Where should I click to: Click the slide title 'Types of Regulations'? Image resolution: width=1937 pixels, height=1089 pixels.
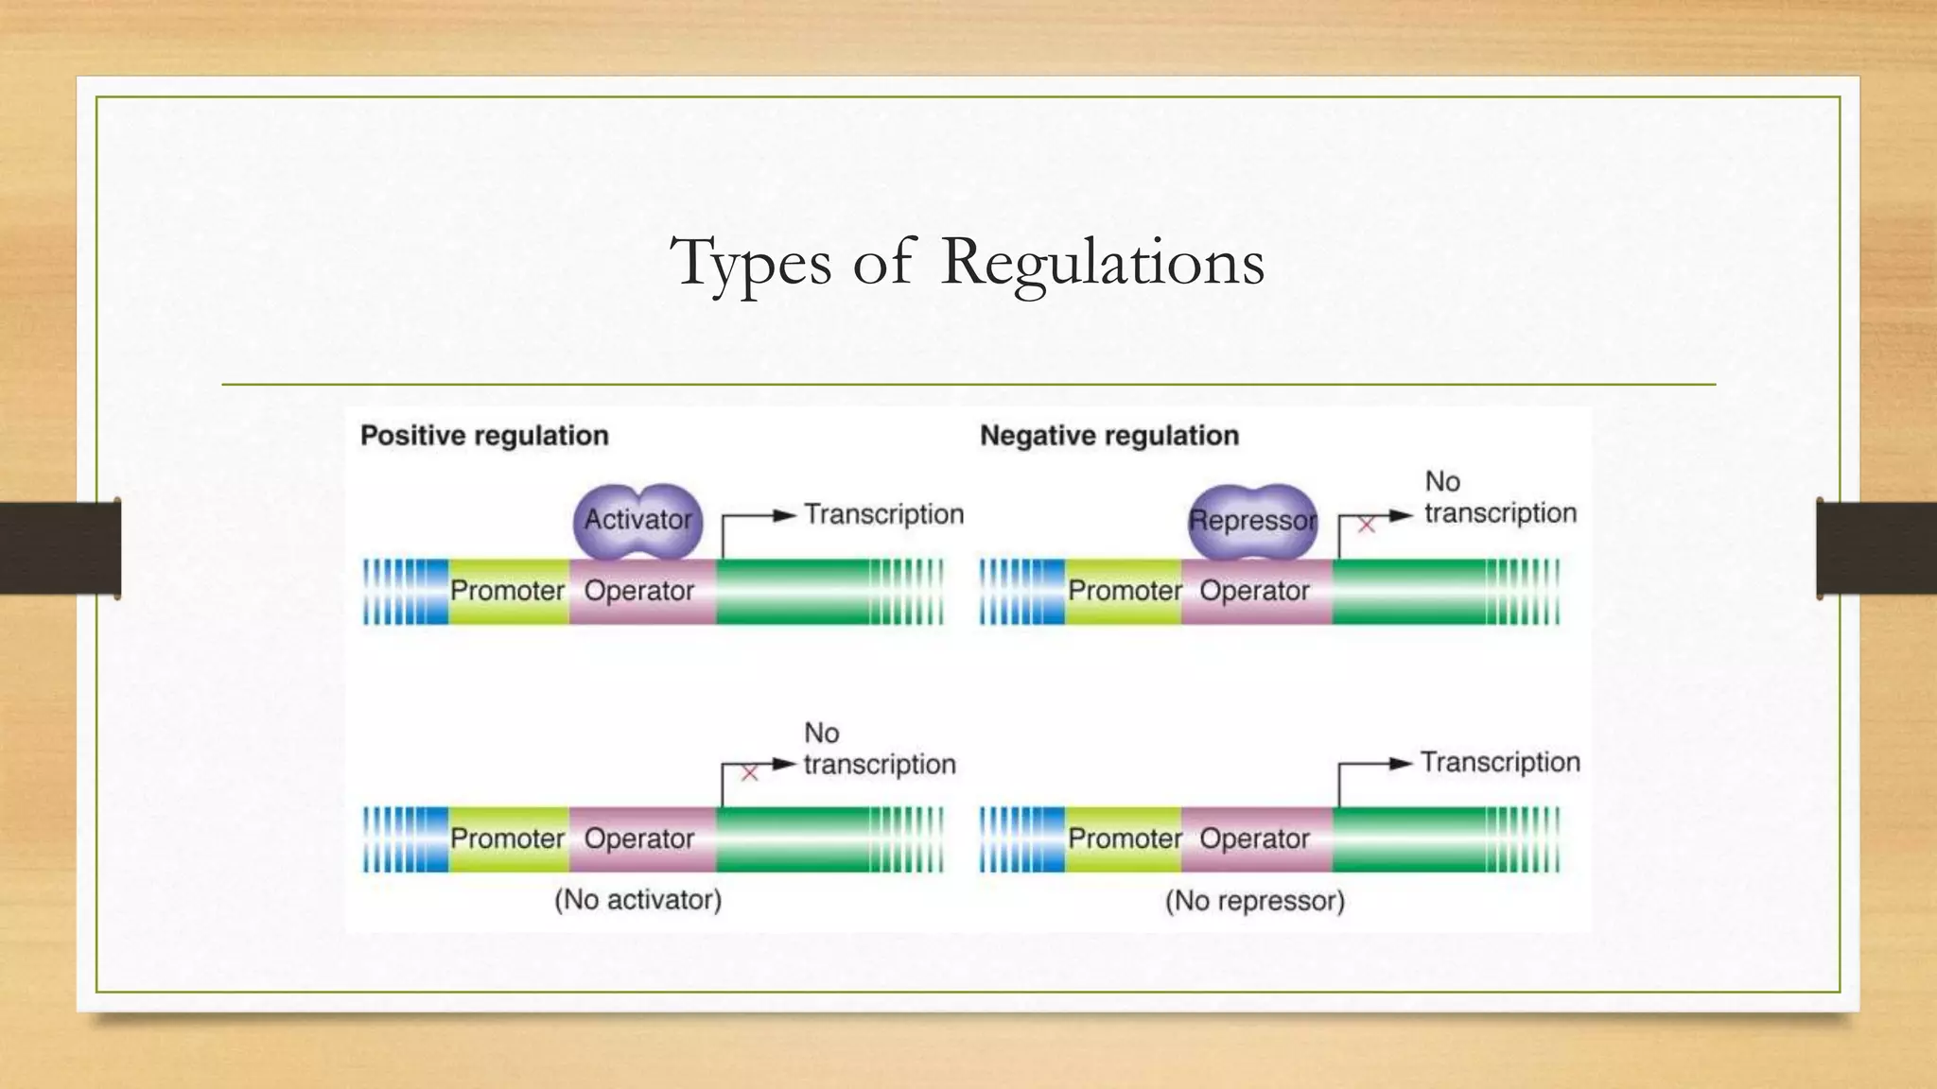967,262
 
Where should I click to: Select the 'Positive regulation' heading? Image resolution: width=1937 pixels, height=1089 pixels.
484,436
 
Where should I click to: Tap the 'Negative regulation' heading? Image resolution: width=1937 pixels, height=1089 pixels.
1108,436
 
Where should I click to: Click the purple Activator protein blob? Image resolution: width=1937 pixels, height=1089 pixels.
638,519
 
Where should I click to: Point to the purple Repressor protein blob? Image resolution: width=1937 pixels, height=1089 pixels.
1252,520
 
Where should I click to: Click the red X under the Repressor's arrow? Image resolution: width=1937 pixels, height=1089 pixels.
1366,525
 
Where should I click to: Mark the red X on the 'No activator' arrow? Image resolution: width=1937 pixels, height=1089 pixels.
750,773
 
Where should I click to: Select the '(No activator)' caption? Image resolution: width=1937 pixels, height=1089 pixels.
637,899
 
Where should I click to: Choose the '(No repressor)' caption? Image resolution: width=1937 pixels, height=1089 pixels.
1254,901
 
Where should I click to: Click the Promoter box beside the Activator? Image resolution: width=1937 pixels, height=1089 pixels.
508,591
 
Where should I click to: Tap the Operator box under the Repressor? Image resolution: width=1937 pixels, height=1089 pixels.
1255,591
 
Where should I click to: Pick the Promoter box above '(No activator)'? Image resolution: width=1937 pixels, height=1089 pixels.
508,838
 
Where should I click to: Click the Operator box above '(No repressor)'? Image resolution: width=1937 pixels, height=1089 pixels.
1255,838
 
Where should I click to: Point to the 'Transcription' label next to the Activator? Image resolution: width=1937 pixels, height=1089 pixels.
883,514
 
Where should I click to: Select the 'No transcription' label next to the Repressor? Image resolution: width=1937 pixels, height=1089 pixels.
1500,498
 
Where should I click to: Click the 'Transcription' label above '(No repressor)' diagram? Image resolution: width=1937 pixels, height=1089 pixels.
1500,762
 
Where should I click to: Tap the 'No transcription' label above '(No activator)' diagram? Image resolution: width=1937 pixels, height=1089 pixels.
880,749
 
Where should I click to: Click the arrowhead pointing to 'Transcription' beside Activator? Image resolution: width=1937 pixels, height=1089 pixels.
785,515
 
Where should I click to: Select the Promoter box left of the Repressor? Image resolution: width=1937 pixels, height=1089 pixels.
1124,591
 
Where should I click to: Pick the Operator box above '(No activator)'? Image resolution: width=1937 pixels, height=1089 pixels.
640,838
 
